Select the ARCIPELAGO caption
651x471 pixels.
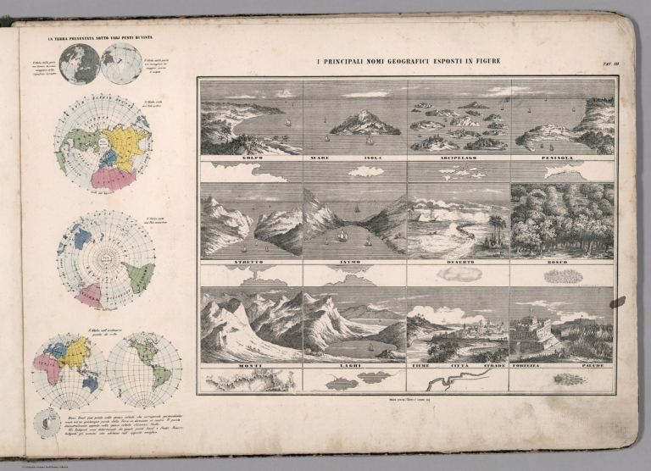click(x=459, y=158)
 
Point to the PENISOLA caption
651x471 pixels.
click(x=561, y=158)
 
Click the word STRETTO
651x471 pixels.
click(x=251, y=265)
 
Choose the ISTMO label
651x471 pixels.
click(x=353, y=265)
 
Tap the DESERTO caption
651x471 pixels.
click(x=459, y=265)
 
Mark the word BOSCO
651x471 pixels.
click(x=562, y=265)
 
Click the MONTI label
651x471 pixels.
click(x=251, y=366)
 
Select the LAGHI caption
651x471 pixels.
click(x=353, y=366)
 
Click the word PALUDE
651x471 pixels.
click(x=594, y=366)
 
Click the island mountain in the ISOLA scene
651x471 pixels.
click(x=365, y=124)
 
